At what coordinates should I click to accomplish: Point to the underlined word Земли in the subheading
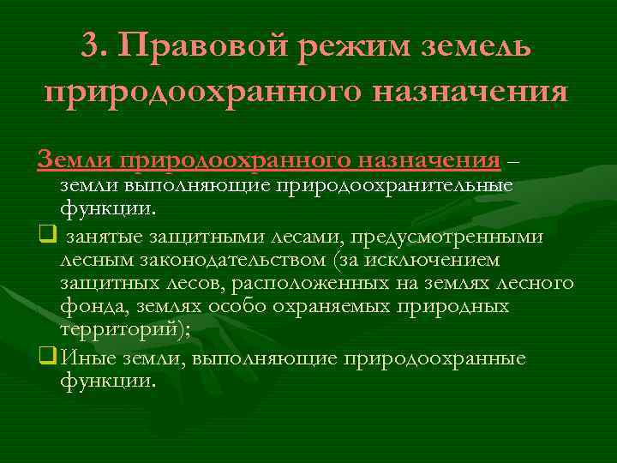(87, 159)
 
